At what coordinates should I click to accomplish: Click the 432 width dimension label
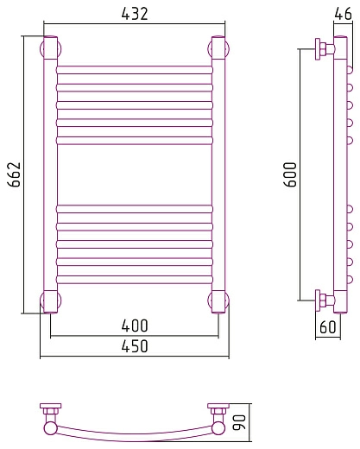135,14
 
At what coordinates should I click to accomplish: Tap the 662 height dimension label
15,174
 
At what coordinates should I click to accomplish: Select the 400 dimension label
135,326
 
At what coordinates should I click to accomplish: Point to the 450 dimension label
135,346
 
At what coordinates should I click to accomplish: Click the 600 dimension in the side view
290,174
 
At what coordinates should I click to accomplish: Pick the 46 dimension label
343,14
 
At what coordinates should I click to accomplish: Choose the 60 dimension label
328,327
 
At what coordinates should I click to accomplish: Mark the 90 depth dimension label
239,422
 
